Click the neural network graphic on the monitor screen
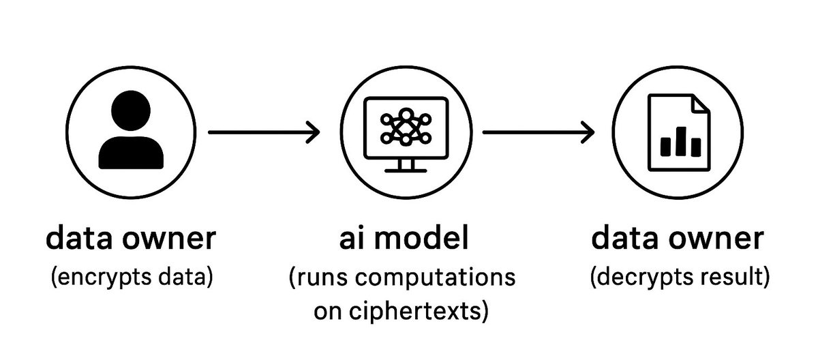click(x=406, y=125)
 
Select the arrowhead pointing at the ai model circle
click(x=312, y=132)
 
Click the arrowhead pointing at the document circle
click(x=587, y=132)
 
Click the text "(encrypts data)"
click(x=131, y=277)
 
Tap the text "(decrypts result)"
click(x=678, y=277)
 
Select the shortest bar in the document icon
click(x=665, y=147)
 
